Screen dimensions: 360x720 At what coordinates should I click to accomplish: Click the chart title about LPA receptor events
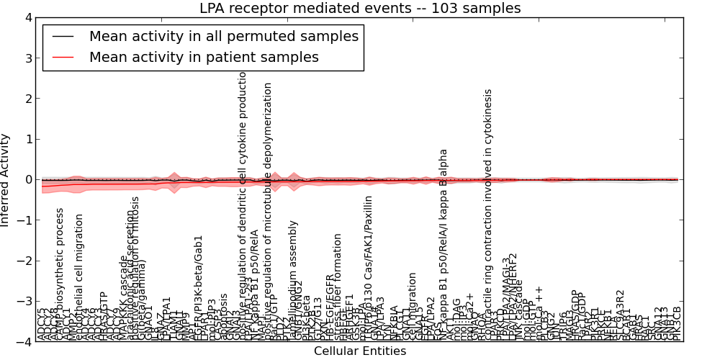click(x=360, y=8)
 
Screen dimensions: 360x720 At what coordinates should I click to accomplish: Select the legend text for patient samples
click(x=204, y=57)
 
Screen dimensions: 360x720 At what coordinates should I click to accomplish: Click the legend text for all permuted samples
click(x=223, y=35)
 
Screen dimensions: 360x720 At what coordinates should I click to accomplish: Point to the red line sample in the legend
click(x=63, y=57)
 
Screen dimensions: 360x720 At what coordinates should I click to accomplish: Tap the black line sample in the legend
click(x=63, y=35)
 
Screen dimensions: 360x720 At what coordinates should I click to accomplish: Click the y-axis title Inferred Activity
click(x=6, y=180)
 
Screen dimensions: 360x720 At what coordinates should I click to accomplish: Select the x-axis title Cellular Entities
click(x=360, y=351)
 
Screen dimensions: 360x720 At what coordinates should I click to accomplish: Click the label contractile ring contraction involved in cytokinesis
click(x=488, y=216)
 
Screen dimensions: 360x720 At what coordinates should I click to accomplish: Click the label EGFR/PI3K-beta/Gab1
click(x=199, y=288)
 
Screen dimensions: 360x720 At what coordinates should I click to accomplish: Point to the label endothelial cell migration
click(x=79, y=277)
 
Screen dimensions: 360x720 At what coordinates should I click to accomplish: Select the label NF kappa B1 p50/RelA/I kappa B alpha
click(x=444, y=245)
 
